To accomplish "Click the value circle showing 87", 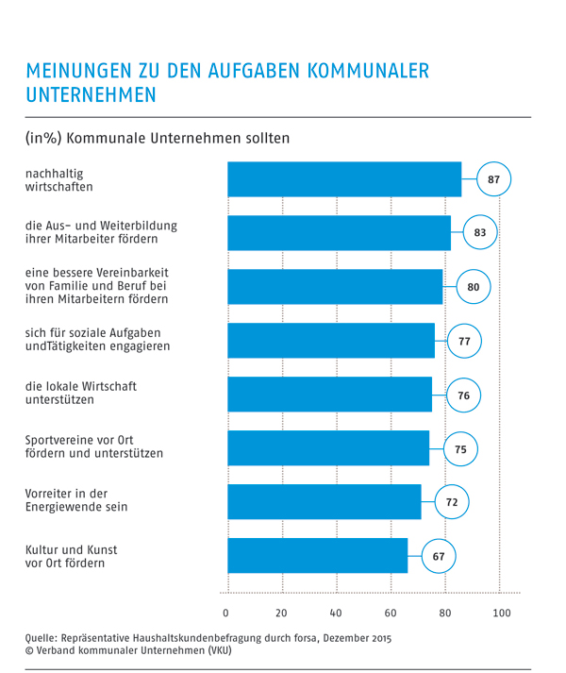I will pyautogui.click(x=493, y=179).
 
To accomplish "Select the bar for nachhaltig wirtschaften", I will pyautogui.click(x=344, y=179).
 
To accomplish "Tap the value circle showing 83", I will pyautogui.click(x=480, y=233).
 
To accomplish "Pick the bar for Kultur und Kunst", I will pyautogui.click(x=317, y=556).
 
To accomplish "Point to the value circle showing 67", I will pyautogui.click(x=439, y=557).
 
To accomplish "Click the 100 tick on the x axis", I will pyautogui.click(x=501, y=614).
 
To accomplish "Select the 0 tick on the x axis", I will pyautogui.click(x=226, y=614).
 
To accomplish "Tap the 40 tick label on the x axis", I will pyautogui.click(x=336, y=614).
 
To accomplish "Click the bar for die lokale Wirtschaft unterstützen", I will pyautogui.click(x=329, y=395).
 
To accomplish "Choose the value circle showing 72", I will pyautogui.click(x=452, y=503).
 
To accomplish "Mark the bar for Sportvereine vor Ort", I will pyautogui.click(x=328, y=448).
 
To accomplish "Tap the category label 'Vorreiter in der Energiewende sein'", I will pyautogui.click(x=76, y=499).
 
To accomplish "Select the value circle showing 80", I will pyautogui.click(x=474, y=287).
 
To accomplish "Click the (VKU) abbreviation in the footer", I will pyautogui.click(x=215, y=650).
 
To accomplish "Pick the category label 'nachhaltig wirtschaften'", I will pyautogui.click(x=59, y=179).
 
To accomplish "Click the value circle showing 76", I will pyautogui.click(x=463, y=395).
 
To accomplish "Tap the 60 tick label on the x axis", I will pyautogui.click(x=391, y=614).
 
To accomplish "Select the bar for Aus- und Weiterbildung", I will pyautogui.click(x=339, y=233).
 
